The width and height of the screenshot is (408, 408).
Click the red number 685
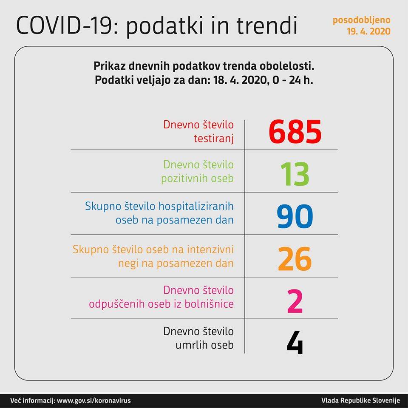(x=295, y=132)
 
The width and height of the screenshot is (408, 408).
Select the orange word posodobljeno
(x=361, y=20)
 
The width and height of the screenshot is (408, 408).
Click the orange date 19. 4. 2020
(x=368, y=31)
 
